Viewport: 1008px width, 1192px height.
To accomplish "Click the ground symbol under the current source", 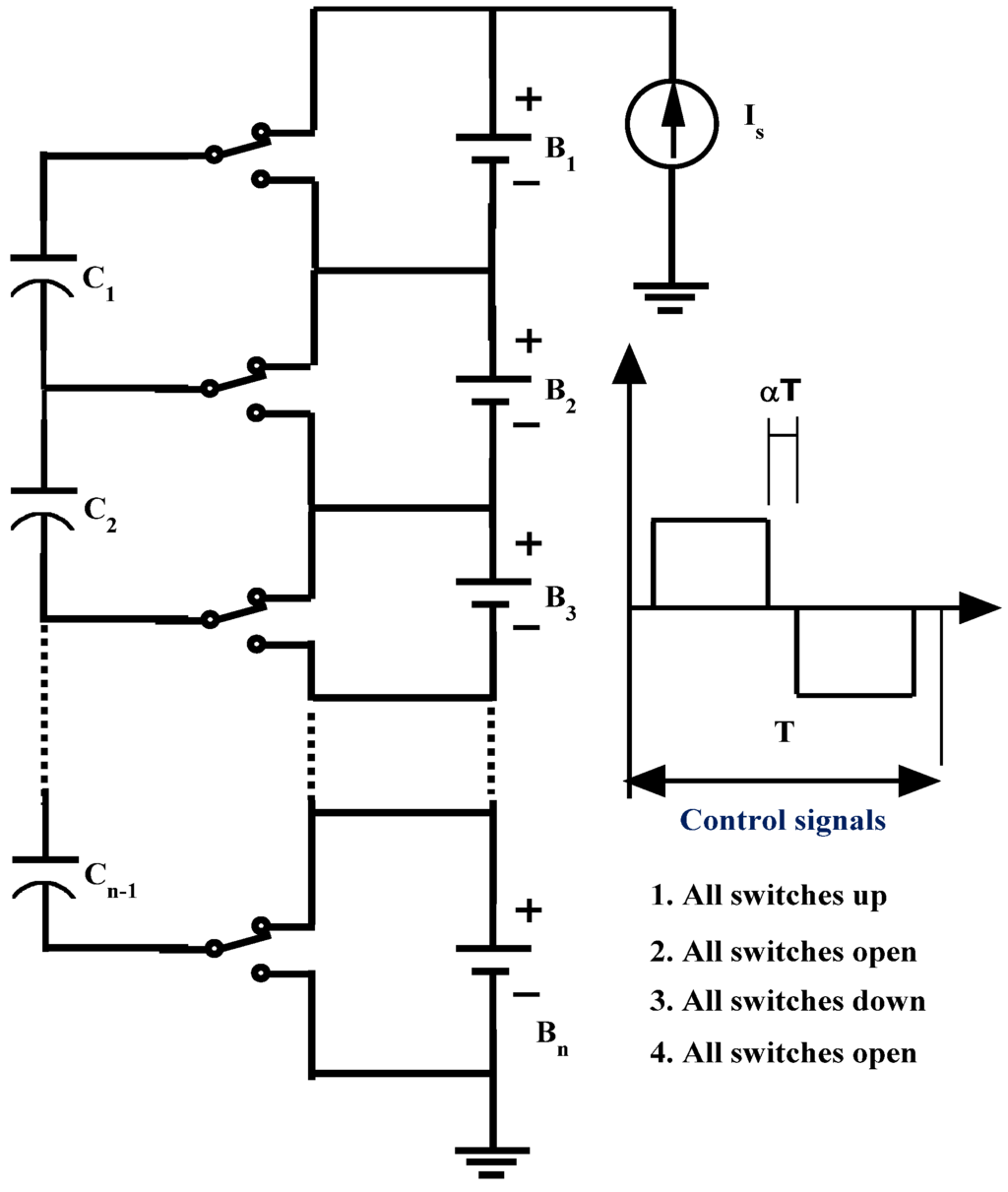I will (670, 296).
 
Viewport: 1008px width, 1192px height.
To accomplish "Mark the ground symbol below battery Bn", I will (492, 1161).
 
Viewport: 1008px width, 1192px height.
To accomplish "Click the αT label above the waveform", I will (780, 394).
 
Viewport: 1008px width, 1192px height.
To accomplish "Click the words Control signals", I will (784, 820).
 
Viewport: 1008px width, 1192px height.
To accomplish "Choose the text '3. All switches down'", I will (787, 1001).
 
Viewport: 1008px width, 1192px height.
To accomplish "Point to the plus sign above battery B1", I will (529, 98).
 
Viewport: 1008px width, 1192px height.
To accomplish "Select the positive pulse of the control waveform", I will (710, 563).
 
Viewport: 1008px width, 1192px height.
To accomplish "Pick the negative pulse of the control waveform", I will (855, 652).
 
